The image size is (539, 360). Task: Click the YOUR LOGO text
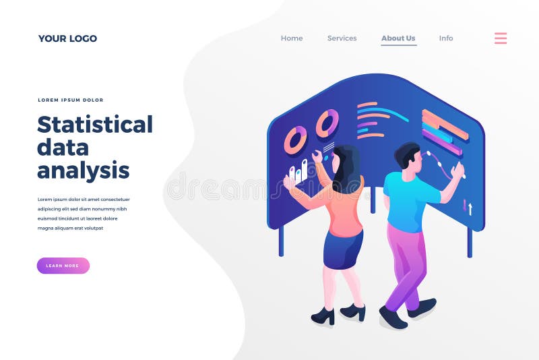(67, 38)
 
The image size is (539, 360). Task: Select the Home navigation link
(292, 38)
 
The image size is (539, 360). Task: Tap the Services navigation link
(342, 38)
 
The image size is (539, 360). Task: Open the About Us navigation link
(398, 38)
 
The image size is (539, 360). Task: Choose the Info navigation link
(446, 38)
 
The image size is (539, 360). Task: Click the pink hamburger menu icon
(501, 38)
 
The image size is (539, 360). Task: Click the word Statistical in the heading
(95, 125)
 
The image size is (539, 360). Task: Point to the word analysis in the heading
(83, 170)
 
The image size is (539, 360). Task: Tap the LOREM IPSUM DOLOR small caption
(71, 100)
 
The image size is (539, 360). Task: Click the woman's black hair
(348, 169)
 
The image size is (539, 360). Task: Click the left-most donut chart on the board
(295, 140)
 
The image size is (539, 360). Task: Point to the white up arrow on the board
(470, 209)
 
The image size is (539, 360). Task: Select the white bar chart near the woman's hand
(298, 172)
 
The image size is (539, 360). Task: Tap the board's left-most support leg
(281, 241)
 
